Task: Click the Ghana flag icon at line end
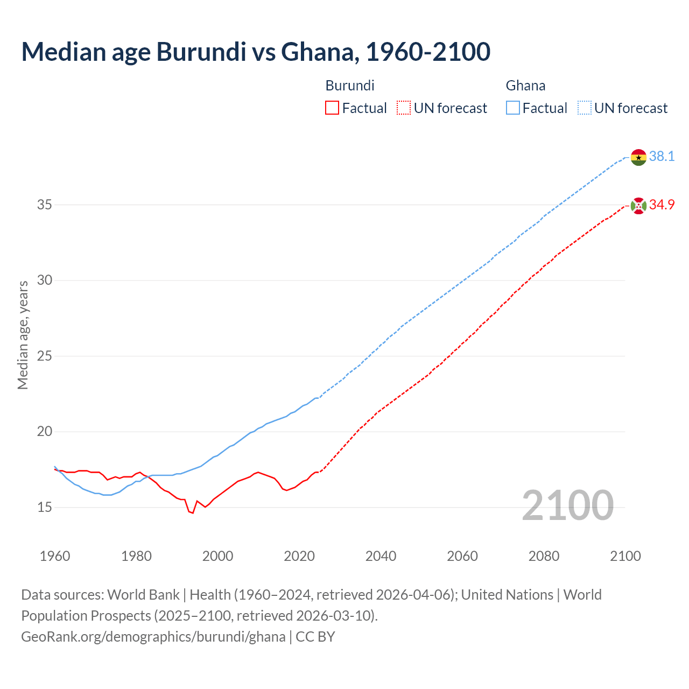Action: [638, 157]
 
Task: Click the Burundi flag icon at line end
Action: [638, 205]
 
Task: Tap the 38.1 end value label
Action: [662, 156]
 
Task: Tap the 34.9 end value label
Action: [662, 205]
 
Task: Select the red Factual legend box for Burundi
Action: [332, 108]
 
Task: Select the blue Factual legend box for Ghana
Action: [512, 108]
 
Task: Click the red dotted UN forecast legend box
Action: [404, 108]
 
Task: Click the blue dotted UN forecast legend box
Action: [584, 108]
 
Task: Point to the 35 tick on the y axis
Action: [45, 205]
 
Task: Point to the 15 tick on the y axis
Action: [45, 507]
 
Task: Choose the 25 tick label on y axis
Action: [45, 356]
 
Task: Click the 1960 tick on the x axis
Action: [55, 556]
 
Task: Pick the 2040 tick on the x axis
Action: [381, 556]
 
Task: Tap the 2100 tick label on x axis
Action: [625, 556]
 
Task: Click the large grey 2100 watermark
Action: [567, 505]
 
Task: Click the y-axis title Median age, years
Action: [23, 335]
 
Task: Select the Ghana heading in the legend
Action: [525, 86]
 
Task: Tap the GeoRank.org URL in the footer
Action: [153, 636]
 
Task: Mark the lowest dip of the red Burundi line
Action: [192, 513]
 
